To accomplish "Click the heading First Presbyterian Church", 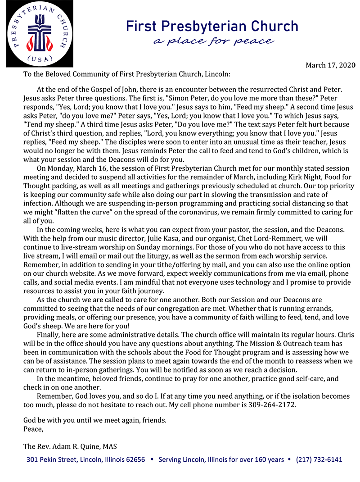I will [212, 26].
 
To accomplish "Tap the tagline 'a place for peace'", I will [213, 41].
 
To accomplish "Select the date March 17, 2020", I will [330, 65].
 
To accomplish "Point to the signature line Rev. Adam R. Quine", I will [70, 446].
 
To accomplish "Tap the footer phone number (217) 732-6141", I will [319, 460].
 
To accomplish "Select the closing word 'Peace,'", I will [33, 429].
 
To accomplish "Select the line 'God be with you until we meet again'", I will [94, 421].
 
